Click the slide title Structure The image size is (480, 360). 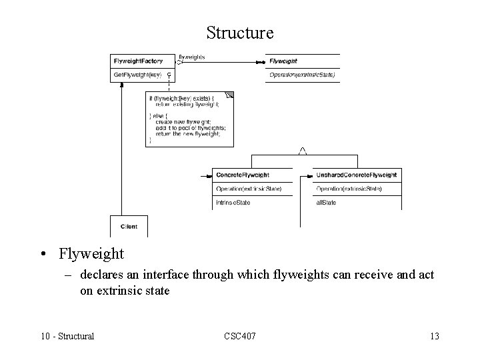coord(240,32)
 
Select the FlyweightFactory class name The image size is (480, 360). coord(138,61)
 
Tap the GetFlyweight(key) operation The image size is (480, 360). coord(137,75)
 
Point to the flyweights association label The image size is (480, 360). coord(191,57)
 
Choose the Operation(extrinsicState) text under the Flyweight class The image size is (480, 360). coord(301,75)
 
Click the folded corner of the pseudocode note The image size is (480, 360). coord(230,95)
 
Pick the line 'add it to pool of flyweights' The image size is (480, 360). coord(190,127)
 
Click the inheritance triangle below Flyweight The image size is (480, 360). coord(302,151)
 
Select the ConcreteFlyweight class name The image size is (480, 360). coord(243,175)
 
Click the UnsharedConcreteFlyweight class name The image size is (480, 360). coord(356,175)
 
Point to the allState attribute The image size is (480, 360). coord(326,202)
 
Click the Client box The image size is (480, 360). coord(129,226)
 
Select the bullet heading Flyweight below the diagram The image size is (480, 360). coord(91,254)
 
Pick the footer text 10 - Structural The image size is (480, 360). coord(67,336)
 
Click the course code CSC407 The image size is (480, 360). coord(239,336)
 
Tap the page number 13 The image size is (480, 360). coord(434,336)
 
